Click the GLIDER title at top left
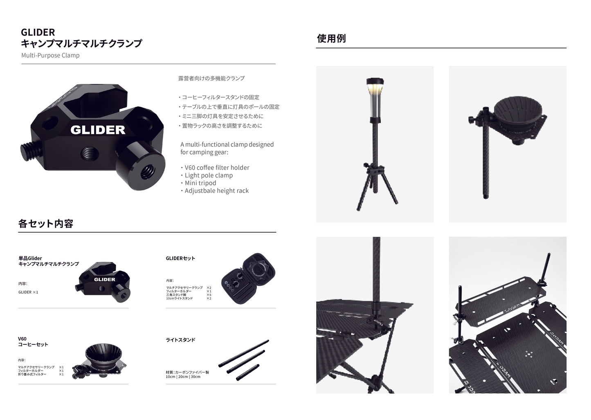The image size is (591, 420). point(38,32)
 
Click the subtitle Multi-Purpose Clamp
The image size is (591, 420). point(50,55)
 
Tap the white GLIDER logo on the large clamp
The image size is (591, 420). point(98,130)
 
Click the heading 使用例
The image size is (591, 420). point(331,38)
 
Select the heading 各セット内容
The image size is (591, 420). point(46,224)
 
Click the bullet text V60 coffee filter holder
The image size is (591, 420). point(217,168)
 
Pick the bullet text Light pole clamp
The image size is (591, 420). point(209,175)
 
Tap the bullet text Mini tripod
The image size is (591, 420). point(200,183)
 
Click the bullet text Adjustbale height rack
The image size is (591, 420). point(216,191)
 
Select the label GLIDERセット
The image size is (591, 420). point(180,258)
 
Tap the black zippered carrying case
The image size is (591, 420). point(249,278)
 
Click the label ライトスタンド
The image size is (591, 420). point(180,340)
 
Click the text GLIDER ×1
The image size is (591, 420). point(28,292)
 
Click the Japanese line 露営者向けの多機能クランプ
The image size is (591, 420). point(211,78)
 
